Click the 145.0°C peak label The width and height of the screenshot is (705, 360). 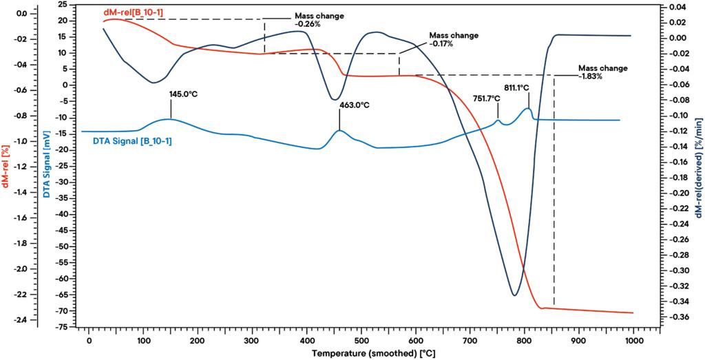(184, 94)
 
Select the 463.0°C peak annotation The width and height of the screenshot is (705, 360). (354, 105)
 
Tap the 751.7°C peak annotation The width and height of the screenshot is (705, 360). (487, 98)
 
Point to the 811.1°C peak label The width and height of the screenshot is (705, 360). (516, 87)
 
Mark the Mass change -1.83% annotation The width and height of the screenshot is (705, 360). (603, 72)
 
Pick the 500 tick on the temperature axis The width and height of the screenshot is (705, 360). (361, 340)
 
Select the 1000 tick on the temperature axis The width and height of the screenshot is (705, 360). (633, 340)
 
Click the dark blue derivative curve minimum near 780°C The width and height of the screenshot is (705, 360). (514, 295)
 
